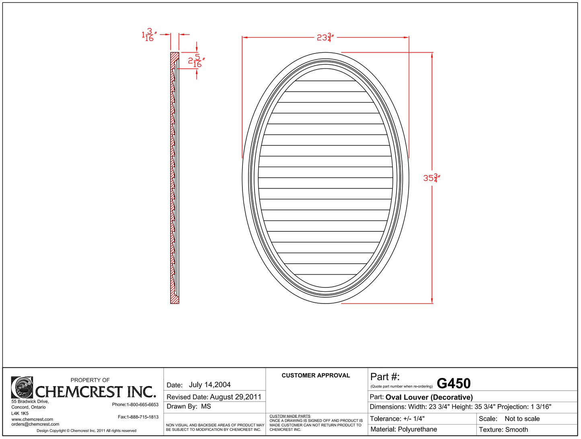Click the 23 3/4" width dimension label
pyautogui.click(x=325, y=37)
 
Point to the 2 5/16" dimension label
pyautogui.click(x=196, y=61)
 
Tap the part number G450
pyautogui.click(x=454, y=384)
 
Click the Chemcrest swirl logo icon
pyautogui.click(x=22, y=387)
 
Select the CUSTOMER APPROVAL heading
pyautogui.click(x=316, y=375)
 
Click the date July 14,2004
pyautogui.click(x=209, y=385)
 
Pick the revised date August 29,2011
pyautogui.click(x=236, y=397)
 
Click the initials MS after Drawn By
pyautogui.click(x=206, y=406)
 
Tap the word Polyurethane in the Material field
pyautogui.click(x=417, y=429)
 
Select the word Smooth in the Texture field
pyautogui.click(x=516, y=429)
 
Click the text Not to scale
pyautogui.click(x=522, y=418)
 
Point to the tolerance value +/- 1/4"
pyautogui.click(x=414, y=418)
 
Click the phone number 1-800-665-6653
pyautogui.click(x=142, y=404)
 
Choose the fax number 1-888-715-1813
pyautogui.click(x=142, y=417)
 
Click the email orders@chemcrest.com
pyautogui.click(x=35, y=424)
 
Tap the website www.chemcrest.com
pyautogui.click(x=32, y=419)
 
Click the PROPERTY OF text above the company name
pyautogui.click(x=90, y=380)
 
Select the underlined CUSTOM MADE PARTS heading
pyautogui.click(x=290, y=416)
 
